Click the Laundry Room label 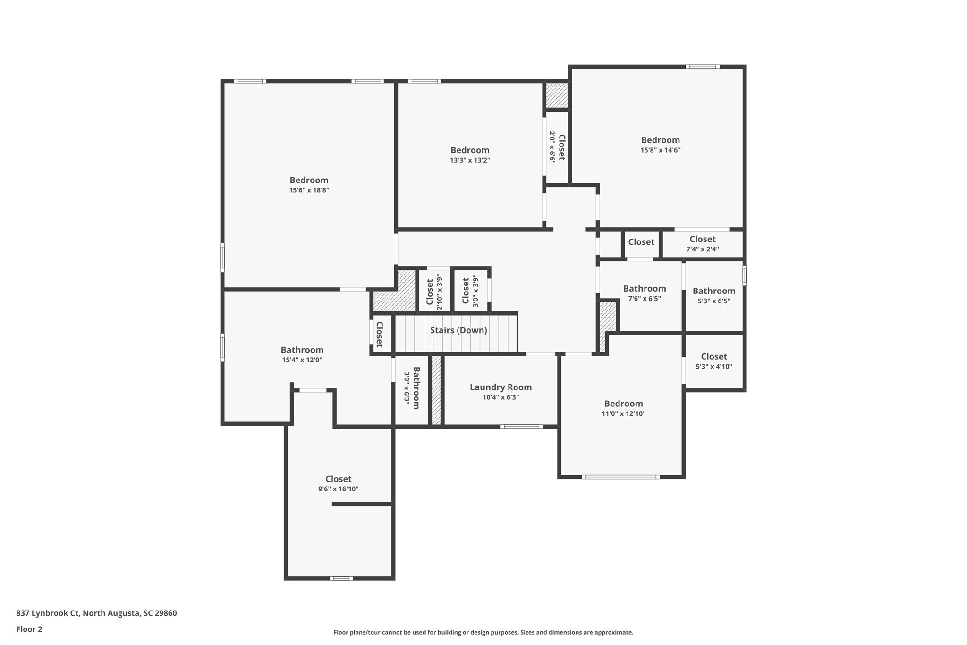pyautogui.click(x=500, y=387)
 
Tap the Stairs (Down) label pyautogui.click(x=458, y=330)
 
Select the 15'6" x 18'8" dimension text pyautogui.click(x=309, y=190)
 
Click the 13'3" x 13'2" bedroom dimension pyautogui.click(x=470, y=160)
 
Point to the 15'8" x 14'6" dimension pyautogui.click(x=660, y=150)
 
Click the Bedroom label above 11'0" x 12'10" pyautogui.click(x=623, y=404)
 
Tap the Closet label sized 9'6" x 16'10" pyautogui.click(x=338, y=479)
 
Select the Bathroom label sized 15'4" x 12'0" pyautogui.click(x=302, y=350)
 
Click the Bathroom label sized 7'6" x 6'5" pyautogui.click(x=644, y=289)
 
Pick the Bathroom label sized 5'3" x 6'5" pyautogui.click(x=713, y=291)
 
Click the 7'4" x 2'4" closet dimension pyautogui.click(x=702, y=249)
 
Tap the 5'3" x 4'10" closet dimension pyautogui.click(x=713, y=366)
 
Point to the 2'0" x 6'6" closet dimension pyautogui.click(x=552, y=147)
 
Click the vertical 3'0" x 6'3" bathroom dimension pyautogui.click(x=407, y=387)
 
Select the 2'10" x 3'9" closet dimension pyautogui.click(x=440, y=292)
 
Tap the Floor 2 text pyautogui.click(x=29, y=629)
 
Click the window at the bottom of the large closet pyautogui.click(x=341, y=578)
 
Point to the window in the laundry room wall pyautogui.click(x=521, y=427)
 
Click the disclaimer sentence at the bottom pyautogui.click(x=483, y=632)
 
